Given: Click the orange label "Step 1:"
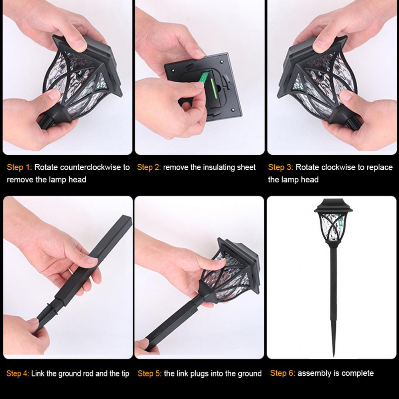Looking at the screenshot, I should click(x=19, y=167).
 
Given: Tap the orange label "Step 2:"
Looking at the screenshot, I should click(x=149, y=167).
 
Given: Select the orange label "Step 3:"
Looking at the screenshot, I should click(x=280, y=167).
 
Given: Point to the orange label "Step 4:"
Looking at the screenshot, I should click(x=18, y=374).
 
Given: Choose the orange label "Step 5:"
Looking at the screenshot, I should click(x=150, y=374).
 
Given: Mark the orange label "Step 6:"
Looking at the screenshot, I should click(x=282, y=373).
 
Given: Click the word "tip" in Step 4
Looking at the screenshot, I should click(x=124, y=374).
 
